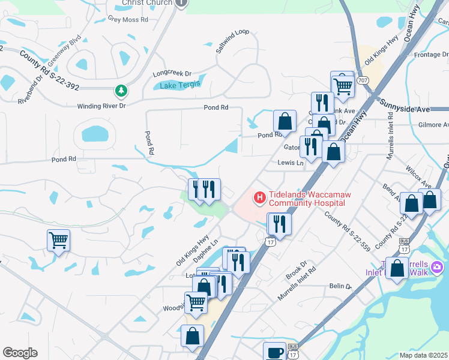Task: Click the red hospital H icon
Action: [x=260, y=197]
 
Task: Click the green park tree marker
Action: [x=122, y=91]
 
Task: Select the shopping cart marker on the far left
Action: [x=58, y=240]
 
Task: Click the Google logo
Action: [x=20, y=353]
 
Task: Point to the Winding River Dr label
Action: [x=101, y=106]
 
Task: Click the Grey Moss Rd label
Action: [x=128, y=20]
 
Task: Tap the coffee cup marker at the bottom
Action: [x=275, y=352]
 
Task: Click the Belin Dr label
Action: [x=340, y=287]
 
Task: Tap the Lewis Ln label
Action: [x=291, y=162]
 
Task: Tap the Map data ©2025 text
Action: [x=423, y=355]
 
